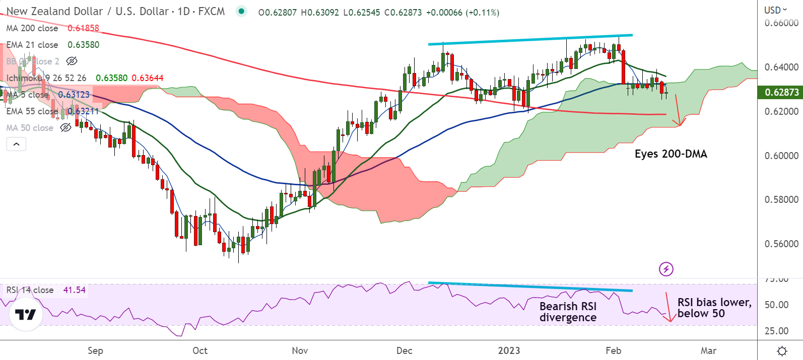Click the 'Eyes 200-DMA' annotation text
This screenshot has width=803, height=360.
click(671, 154)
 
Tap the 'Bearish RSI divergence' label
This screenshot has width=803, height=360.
click(568, 312)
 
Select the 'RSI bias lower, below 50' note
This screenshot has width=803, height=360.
click(714, 308)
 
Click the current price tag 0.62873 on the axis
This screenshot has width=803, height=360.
click(781, 92)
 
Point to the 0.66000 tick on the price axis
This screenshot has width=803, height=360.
click(781, 23)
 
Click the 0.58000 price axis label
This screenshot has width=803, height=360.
click(781, 199)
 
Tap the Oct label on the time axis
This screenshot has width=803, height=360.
click(200, 350)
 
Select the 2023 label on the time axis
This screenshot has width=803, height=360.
click(509, 350)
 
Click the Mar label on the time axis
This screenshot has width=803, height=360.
click(708, 350)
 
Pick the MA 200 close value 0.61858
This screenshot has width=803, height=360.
click(83, 28)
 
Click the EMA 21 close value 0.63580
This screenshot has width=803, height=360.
click(84, 45)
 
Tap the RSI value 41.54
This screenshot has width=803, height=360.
click(74, 290)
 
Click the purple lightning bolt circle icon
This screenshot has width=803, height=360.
click(666, 269)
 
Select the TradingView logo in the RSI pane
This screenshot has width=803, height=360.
click(25, 315)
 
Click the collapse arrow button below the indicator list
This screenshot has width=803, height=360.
click(16, 145)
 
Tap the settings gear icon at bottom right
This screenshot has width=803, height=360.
click(782, 350)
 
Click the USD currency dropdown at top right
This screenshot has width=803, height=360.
click(775, 10)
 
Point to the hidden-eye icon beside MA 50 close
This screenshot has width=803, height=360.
click(65, 128)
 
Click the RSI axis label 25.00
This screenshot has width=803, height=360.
click(776, 331)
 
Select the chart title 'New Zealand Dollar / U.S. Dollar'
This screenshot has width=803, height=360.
click(87, 12)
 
